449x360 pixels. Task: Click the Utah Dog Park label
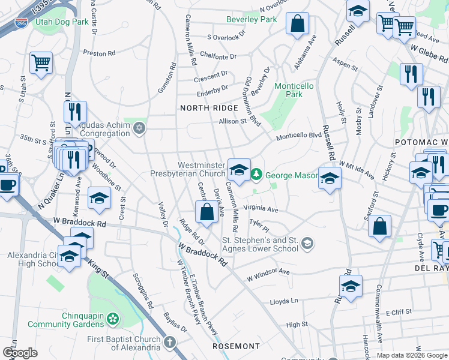click(x=62, y=21)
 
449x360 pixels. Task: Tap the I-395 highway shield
click(x=21, y=23)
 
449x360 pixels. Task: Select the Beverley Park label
click(x=252, y=19)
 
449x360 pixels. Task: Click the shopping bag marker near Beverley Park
click(x=297, y=24)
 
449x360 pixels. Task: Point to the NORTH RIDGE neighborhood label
click(x=201, y=108)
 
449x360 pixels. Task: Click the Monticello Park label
click(x=294, y=90)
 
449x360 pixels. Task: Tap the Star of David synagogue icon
click(x=139, y=128)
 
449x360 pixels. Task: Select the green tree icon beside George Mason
click(x=257, y=175)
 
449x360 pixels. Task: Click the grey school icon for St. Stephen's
click(x=307, y=242)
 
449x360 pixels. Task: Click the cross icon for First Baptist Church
click(x=170, y=343)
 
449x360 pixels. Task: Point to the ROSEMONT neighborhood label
click(x=237, y=346)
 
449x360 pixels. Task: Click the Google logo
click(x=20, y=353)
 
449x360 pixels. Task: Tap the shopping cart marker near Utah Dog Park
click(x=41, y=62)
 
